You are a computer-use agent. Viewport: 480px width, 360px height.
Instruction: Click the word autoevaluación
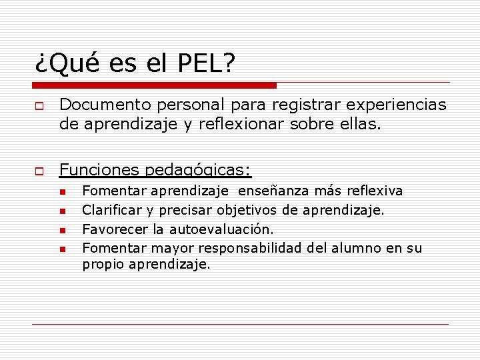pos(221,230)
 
